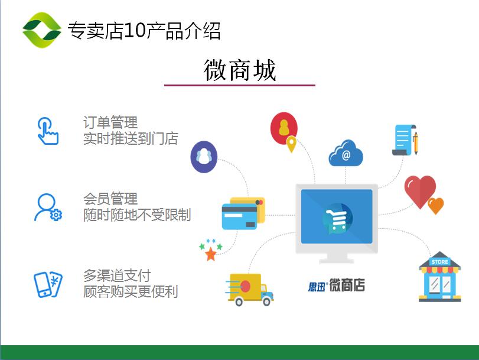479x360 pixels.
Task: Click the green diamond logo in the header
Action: [x=42, y=30]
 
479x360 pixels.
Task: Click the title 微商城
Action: [x=240, y=70]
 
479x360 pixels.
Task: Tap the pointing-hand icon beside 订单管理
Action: [x=48, y=131]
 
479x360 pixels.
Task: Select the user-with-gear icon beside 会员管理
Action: [x=48, y=207]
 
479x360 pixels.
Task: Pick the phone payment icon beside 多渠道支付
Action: [x=48, y=284]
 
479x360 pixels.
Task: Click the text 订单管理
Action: [x=110, y=122]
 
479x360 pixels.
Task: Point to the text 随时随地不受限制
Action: [x=137, y=215]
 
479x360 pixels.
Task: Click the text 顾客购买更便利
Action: [x=131, y=291]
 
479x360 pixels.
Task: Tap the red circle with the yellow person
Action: [x=284, y=128]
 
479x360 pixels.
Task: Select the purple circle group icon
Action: [x=204, y=157]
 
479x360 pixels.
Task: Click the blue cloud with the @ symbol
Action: [x=346, y=153]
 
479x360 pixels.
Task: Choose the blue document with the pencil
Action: [x=405, y=140]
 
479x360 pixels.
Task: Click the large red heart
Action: [x=420, y=191]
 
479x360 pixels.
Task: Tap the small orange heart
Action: [x=436, y=206]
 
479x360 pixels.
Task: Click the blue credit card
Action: [x=240, y=217]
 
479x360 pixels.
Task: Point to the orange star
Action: [x=211, y=254]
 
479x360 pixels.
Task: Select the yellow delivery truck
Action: [x=250, y=289]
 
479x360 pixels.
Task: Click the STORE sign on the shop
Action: [x=439, y=262]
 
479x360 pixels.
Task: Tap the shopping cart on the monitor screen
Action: [x=335, y=218]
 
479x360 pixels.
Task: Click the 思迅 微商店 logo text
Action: [x=336, y=286]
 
